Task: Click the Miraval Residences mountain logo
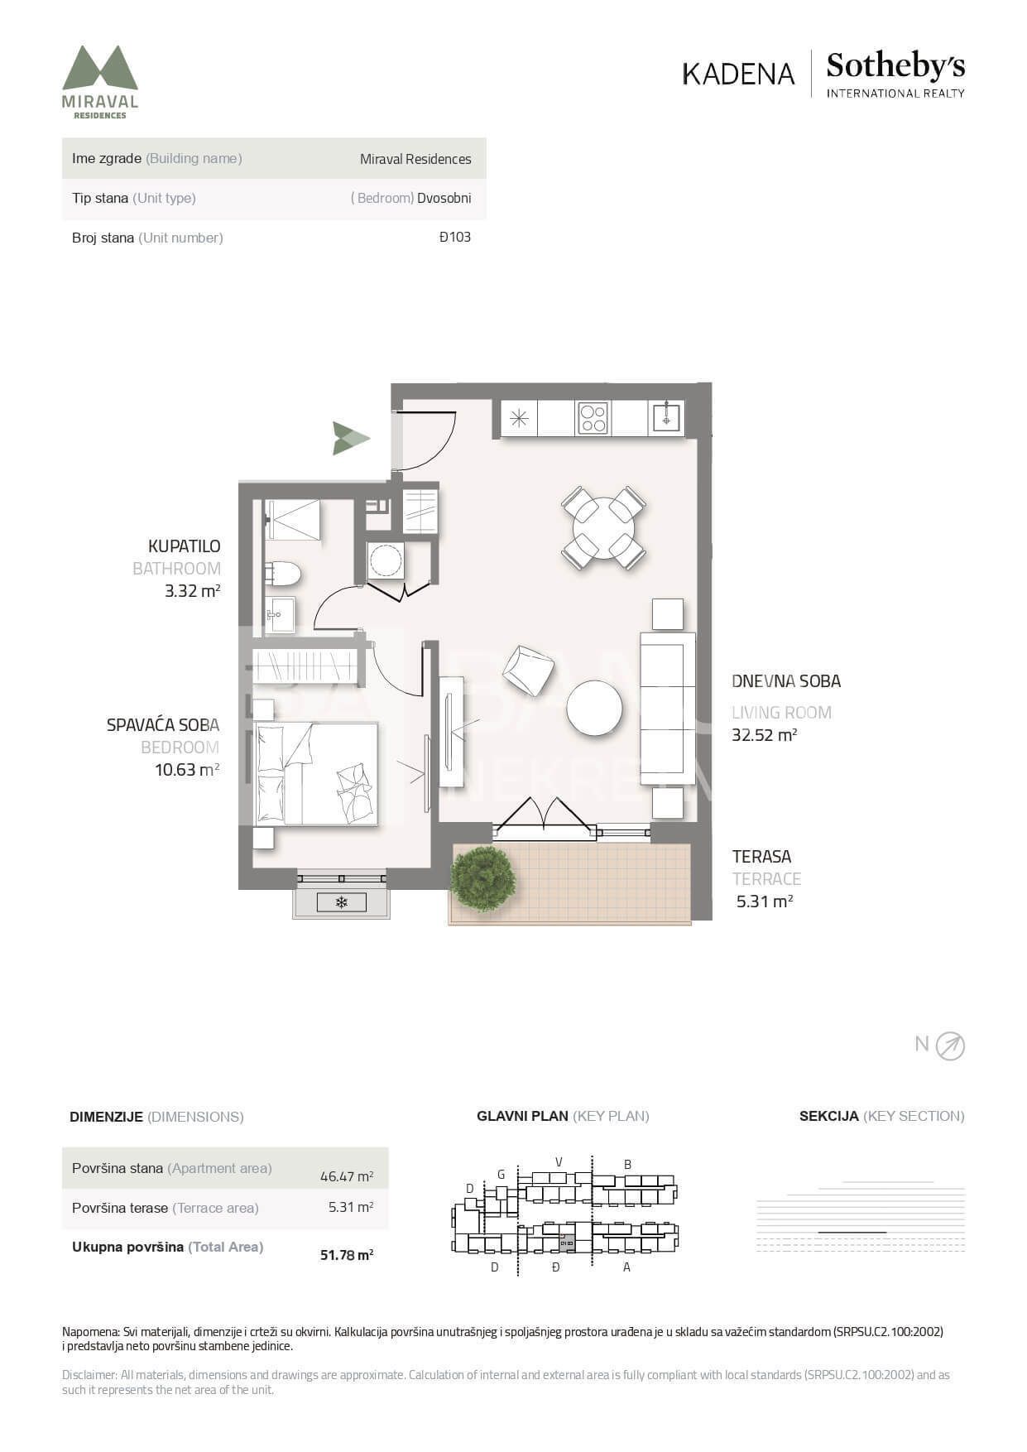click(x=100, y=81)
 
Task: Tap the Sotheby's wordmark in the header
click(x=895, y=65)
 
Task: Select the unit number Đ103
click(x=455, y=237)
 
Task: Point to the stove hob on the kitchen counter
click(x=593, y=417)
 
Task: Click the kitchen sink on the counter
click(x=666, y=417)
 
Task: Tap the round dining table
click(x=604, y=527)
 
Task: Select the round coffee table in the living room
click(x=594, y=708)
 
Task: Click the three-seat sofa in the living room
click(x=667, y=708)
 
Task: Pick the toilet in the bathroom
click(x=283, y=573)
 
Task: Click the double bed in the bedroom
click(x=315, y=774)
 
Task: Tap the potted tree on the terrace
click(x=482, y=879)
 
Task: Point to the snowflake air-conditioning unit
click(x=341, y=902)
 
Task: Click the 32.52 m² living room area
click(x=764, y=735)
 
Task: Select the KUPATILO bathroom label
click(x=184, y=546)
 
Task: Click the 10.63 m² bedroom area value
click(x=187, y=770)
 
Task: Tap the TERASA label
click(x=761, y=857)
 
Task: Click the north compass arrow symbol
click(x=950, y=1046)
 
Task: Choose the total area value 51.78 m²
click(x=347, y=1255)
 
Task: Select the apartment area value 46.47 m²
click(x=347, y=1176)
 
